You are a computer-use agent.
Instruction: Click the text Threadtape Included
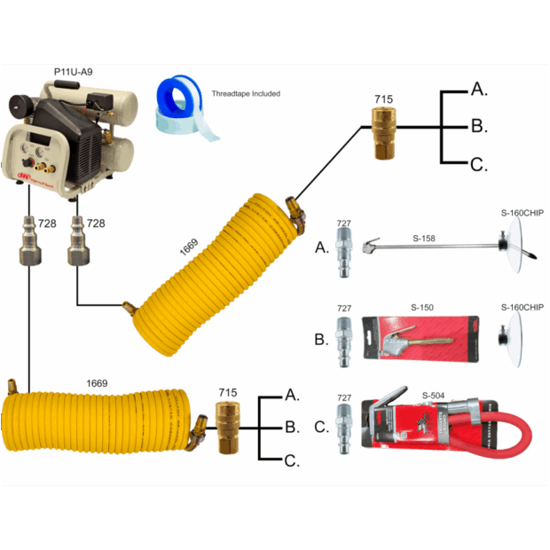point(244,94)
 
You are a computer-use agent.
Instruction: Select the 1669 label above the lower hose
point(97,383)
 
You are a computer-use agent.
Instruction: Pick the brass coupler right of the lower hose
point(228,425)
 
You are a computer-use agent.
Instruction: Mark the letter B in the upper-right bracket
point(478,126)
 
